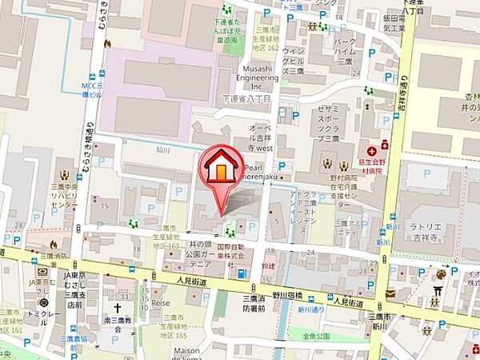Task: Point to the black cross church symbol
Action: (118, 307)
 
